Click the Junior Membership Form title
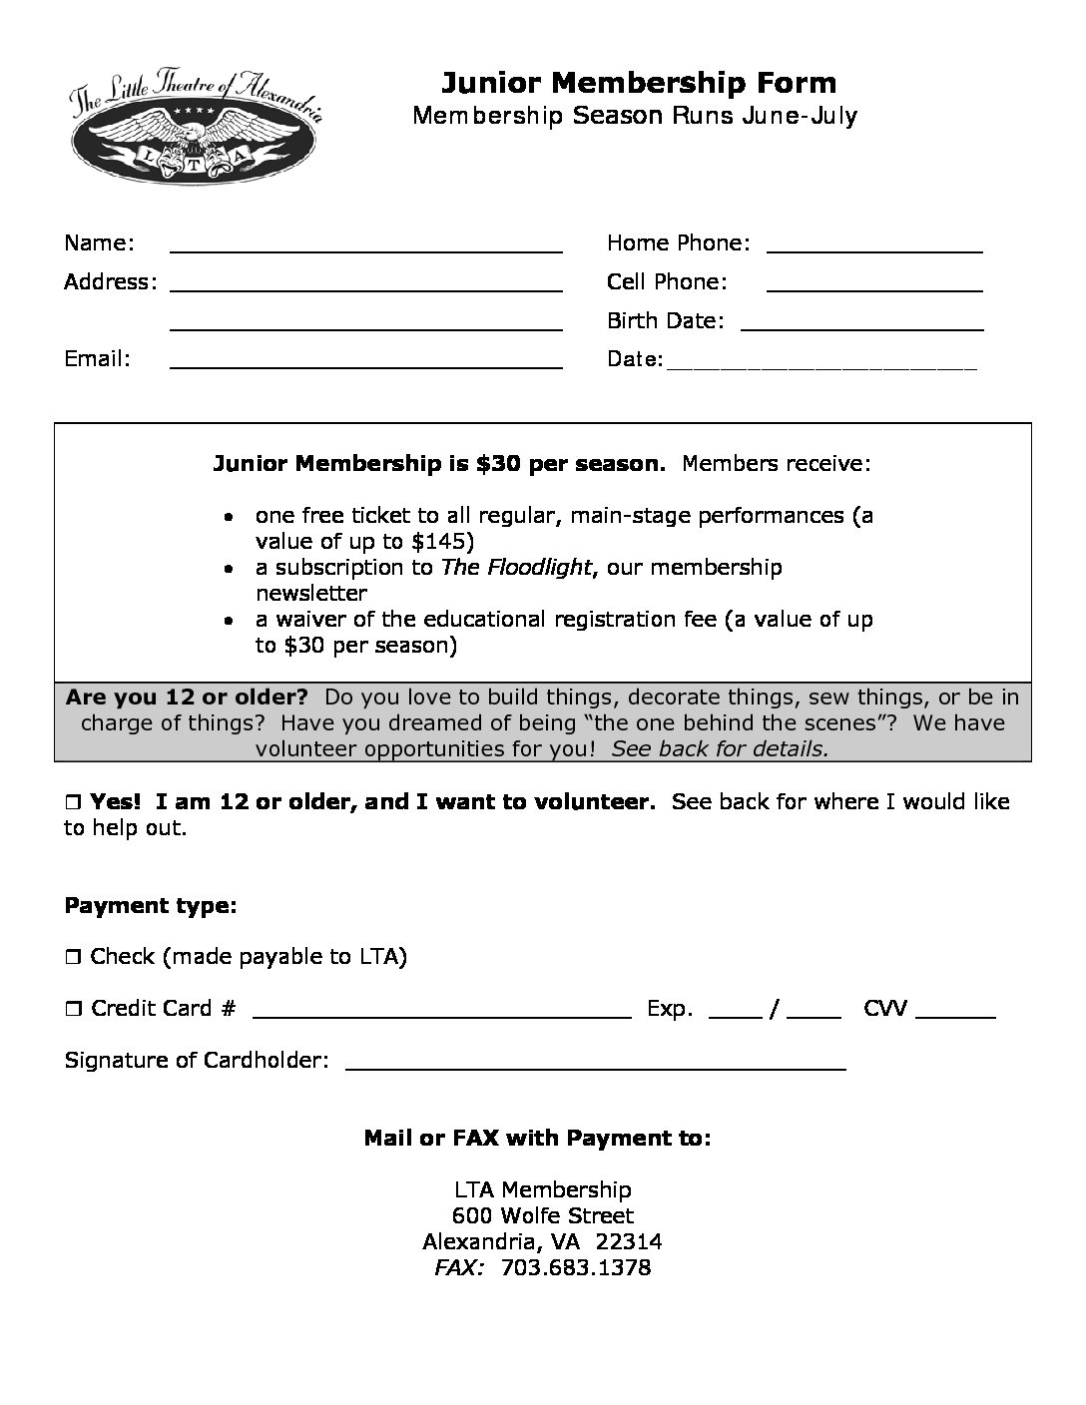[639, 82]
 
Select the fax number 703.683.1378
[576, 1268]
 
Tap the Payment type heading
[151, 906]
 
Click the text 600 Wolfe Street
[542, 1216]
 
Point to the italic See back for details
[720, 748]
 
